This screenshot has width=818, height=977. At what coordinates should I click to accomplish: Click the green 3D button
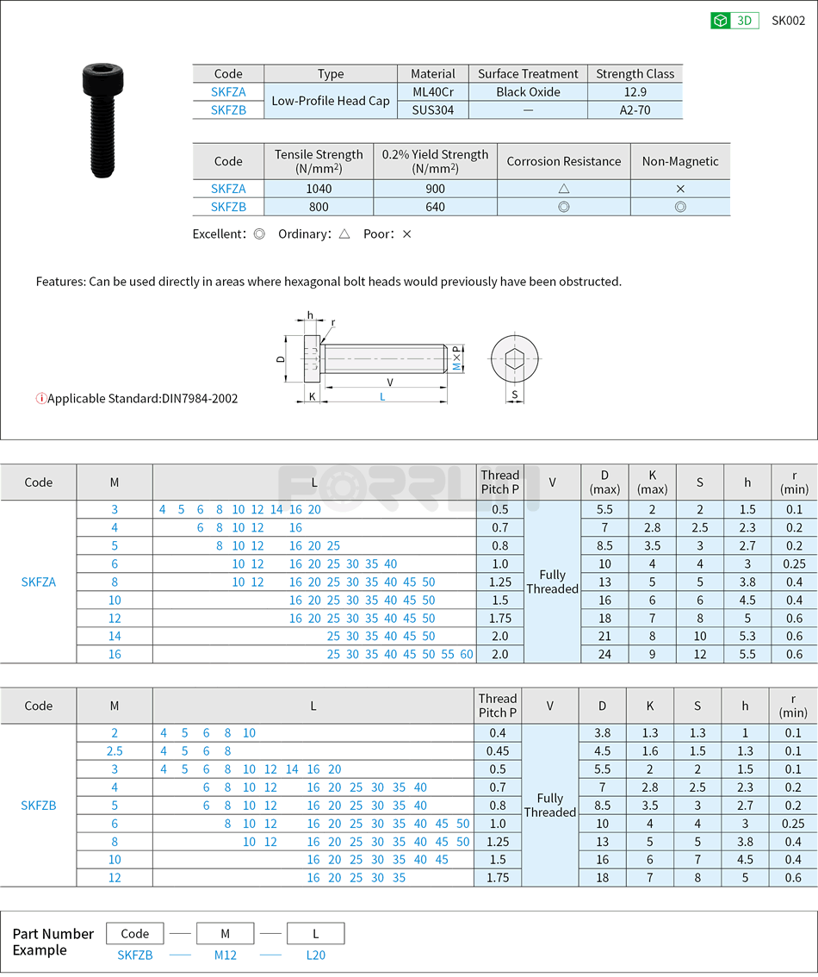click(734, 21)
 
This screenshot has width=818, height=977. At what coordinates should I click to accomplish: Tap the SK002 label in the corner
click(788, 21)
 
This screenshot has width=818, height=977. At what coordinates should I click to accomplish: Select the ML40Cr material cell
click(433, 92)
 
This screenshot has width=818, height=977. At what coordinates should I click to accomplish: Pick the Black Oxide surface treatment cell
click(528, 92)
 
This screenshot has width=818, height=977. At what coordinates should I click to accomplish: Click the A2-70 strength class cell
click(635, 110)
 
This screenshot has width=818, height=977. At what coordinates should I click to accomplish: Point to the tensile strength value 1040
click(319, 189)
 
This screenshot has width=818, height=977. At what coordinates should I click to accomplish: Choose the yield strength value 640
click(435, 207)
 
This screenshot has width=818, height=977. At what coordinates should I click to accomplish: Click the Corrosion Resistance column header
click(563, 161)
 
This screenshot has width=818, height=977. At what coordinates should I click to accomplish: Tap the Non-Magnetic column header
click(680, 161)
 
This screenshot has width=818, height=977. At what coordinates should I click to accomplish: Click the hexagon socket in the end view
click(514, 359)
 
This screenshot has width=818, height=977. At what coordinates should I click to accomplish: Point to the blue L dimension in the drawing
click(382, 396)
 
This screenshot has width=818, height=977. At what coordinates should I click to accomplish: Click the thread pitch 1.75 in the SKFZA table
click(499, 619)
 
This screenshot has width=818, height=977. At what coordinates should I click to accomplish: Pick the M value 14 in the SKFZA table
click(115, 637)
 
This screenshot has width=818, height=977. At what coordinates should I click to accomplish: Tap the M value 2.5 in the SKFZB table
click(115, 751)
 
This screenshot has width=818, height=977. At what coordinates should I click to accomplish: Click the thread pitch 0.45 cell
click(498, 751)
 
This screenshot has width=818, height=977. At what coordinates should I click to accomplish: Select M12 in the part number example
click(225, 955)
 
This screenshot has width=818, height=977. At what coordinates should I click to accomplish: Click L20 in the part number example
click(315, 955)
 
